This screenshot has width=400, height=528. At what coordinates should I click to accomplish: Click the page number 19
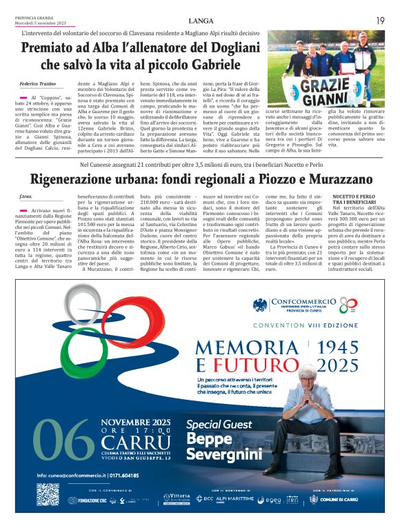(x=380, y=21)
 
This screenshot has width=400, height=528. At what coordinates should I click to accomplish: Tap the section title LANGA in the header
(x=200, y=21)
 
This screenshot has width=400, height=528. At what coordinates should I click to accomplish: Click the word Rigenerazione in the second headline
(x=71, y=179)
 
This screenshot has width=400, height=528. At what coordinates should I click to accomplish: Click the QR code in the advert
(x=48, y=494)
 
